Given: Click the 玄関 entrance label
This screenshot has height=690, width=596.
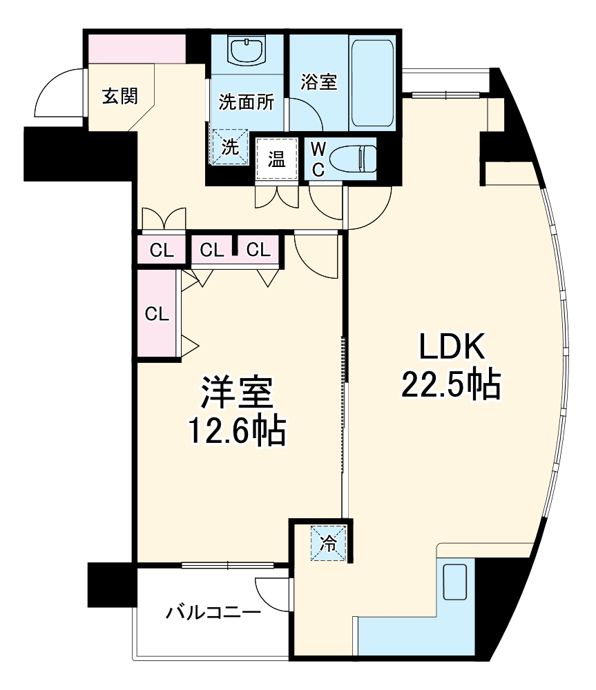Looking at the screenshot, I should [x=119, y=97].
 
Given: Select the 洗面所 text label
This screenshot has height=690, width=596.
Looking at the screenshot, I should [x=246, y=102].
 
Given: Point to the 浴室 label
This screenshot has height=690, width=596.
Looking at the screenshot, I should [x=318, y=81].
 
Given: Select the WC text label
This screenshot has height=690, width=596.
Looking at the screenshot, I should [x=318, y=159].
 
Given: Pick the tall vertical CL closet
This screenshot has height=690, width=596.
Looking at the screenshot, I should [x=157, y=314].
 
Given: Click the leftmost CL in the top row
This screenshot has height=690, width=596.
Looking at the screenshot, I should [x=161, y=250].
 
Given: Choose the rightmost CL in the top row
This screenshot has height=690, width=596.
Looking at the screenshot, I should [x=258, y=250].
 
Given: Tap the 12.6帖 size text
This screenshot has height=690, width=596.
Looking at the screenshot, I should [x=236, y=433].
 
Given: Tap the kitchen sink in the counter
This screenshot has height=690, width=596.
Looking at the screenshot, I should [x=454, y=581].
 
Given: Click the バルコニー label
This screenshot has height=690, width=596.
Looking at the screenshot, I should [x=213, y=611].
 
